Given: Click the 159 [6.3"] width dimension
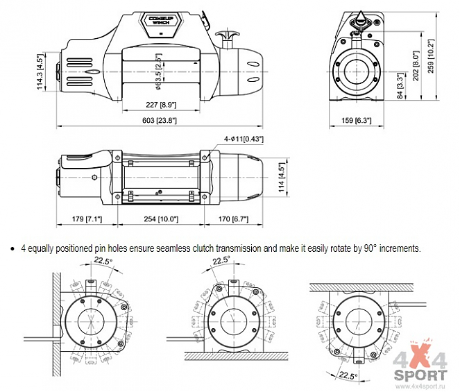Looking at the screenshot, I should click(357, 120).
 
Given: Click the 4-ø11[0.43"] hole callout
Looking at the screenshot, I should click(244, 139).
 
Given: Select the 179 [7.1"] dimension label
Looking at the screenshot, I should click(87, 219).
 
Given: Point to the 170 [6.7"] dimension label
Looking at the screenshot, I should click(234, 219).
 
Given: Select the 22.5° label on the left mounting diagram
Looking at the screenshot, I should click(103, 262).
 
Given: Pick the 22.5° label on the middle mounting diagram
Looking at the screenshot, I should click(221, 261).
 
